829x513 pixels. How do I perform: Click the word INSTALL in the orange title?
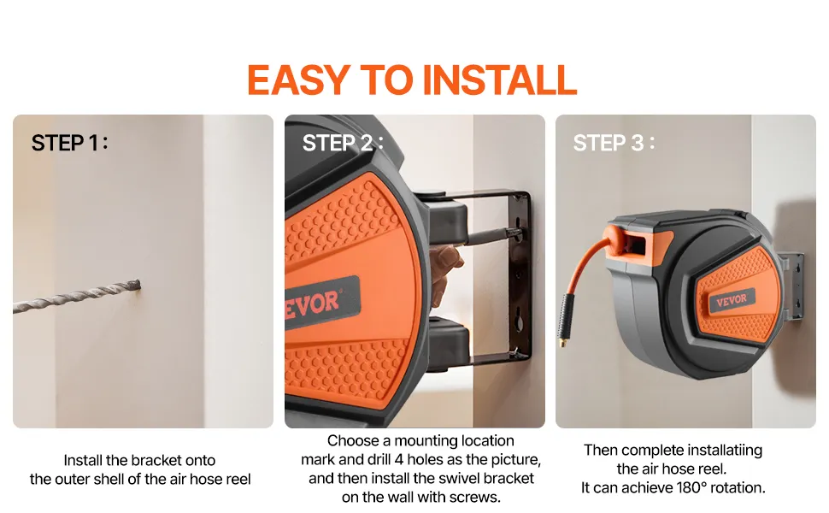(x=499, y=80)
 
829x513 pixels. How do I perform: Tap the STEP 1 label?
(x=69, y=143)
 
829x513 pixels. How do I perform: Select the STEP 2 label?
(x=343, y=143)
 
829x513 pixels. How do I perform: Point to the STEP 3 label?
(x=614, y=143)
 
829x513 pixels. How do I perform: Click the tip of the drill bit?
(x=139, y=285)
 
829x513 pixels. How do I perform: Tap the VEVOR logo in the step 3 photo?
(x=732, y=300)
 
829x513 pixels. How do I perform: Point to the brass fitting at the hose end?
(x=561, y=343)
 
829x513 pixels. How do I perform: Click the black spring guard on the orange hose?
(x=567, y=316)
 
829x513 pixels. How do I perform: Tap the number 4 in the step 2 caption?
(x=399, y=459)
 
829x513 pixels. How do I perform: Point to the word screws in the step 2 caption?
(x=479, y=497)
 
